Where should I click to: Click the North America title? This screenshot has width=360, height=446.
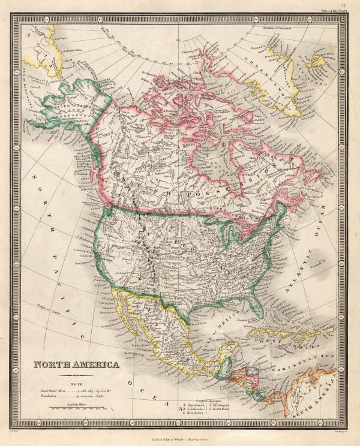76,364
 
